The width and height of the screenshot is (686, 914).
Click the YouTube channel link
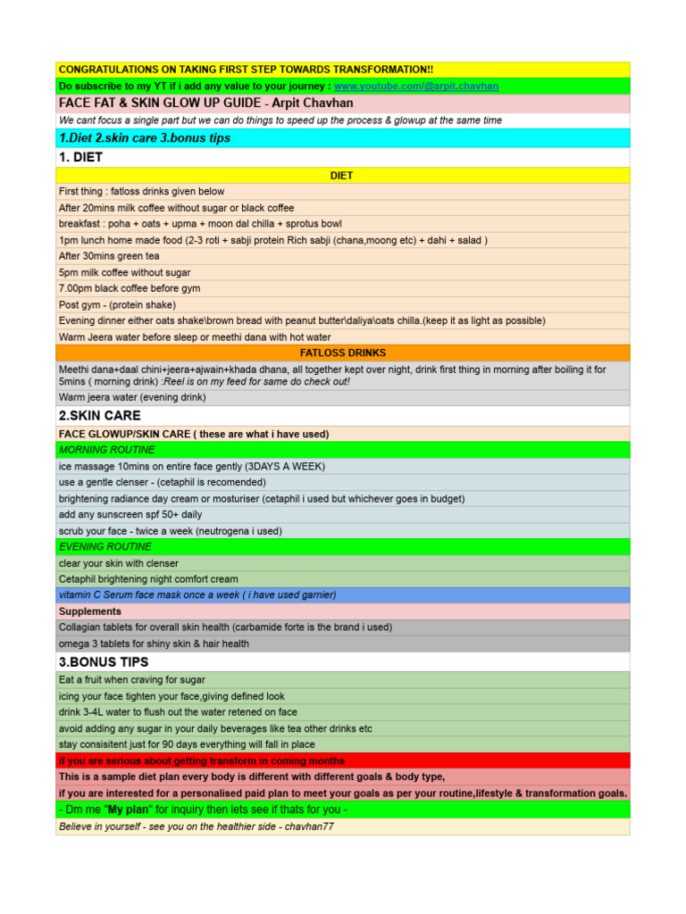pyautogui.click(x=416, y=86)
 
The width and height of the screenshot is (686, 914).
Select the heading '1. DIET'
pyautogui.click(x=81, y=157)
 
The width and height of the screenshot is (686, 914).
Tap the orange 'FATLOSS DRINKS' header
pyautogui.click(x=343, y=353)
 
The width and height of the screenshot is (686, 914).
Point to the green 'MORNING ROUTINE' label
pyautogui.click(x=105, y=450)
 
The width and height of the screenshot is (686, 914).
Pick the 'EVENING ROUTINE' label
pyautogui.click(x=105, y=546)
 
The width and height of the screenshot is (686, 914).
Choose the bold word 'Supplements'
pyautogui.click(x=90, y=611)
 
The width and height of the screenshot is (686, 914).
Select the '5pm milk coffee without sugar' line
pyautogui.click(x=124, y=272)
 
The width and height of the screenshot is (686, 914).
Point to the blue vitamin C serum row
pyautogui.click(x=197, y=594)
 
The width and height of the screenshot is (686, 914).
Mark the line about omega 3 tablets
pyautogui.click(x=154, y=644)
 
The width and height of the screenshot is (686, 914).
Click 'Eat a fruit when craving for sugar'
pyautogui.click(x=132, y=679)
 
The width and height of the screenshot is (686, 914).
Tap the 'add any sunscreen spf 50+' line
pyautogui.click(x=130, y=515)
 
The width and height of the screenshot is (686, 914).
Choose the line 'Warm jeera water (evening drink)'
pyautogui.click(x=132, y=397)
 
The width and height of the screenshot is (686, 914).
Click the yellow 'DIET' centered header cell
pyautogui.click(x=342, y=176)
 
